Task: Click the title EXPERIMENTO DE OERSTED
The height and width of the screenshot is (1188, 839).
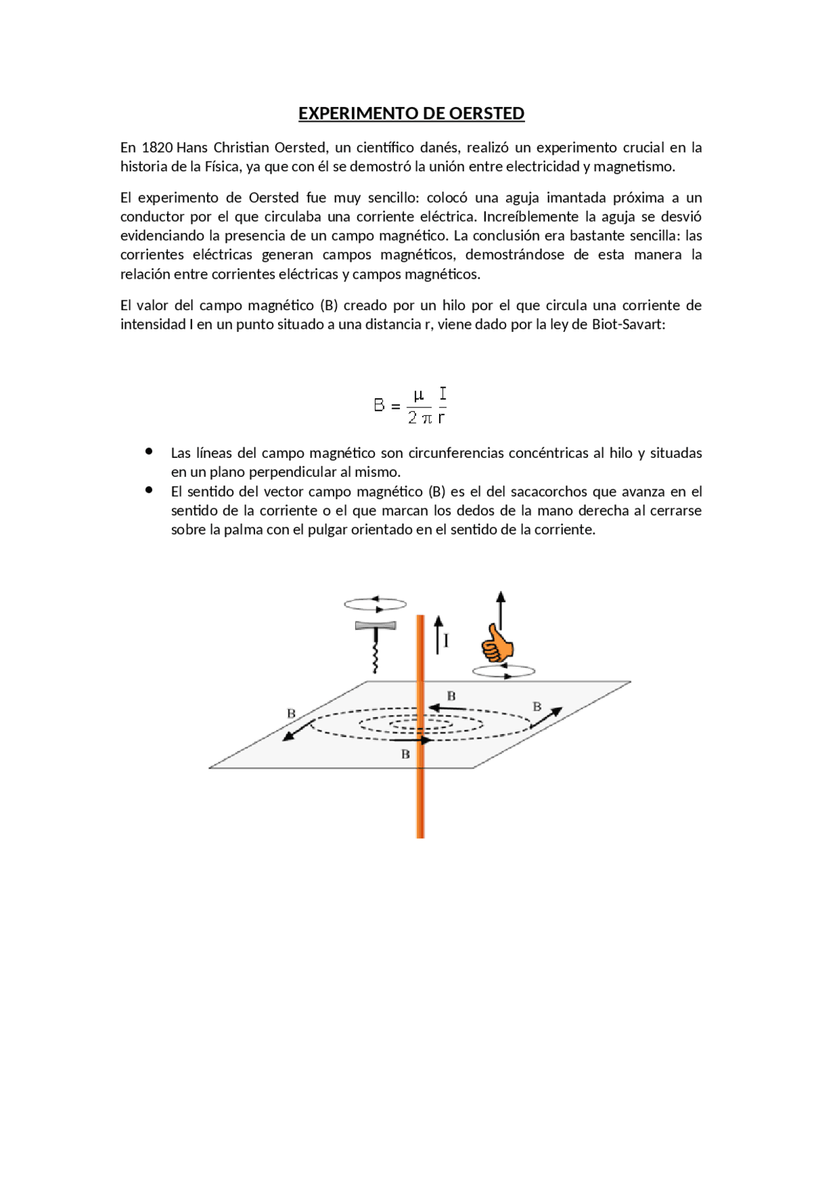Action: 411,113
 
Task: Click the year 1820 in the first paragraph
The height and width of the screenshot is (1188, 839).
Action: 157,148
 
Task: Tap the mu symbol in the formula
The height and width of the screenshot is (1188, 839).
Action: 418,396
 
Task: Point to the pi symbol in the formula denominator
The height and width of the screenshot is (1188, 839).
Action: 426,419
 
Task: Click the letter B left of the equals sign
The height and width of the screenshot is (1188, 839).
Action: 379,405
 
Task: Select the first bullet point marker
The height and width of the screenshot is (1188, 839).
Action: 149,451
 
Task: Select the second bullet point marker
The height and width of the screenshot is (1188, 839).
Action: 149,490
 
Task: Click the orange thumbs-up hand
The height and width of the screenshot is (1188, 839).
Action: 497,644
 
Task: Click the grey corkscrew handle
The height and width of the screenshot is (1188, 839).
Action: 376,626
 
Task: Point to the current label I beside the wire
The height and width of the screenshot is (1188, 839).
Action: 446,640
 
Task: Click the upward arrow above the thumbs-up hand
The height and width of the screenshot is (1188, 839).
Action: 501,607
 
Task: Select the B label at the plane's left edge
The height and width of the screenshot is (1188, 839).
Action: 291,714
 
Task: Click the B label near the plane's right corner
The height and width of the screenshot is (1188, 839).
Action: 537,707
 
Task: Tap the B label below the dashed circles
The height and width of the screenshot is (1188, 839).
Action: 405,755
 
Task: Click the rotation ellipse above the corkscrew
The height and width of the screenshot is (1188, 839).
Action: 375,604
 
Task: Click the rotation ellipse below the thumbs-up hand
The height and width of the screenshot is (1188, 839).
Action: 503,671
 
